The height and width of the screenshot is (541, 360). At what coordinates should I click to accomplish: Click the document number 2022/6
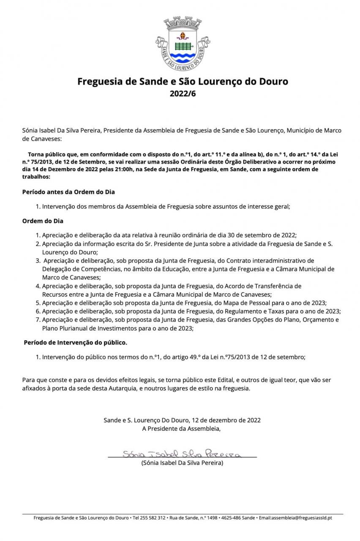click(183, 93)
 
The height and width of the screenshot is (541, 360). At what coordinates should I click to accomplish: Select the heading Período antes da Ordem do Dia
click(68, 192)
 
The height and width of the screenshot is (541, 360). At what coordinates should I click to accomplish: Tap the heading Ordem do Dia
click(43, 221)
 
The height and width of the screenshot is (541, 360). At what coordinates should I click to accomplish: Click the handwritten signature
click(182, 454)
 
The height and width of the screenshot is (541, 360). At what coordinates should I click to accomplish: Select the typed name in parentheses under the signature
click(182, 463)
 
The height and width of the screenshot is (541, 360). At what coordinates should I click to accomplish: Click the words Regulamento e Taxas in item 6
click(257, 311)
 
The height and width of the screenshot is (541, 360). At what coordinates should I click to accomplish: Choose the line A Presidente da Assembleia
click(182, 429)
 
